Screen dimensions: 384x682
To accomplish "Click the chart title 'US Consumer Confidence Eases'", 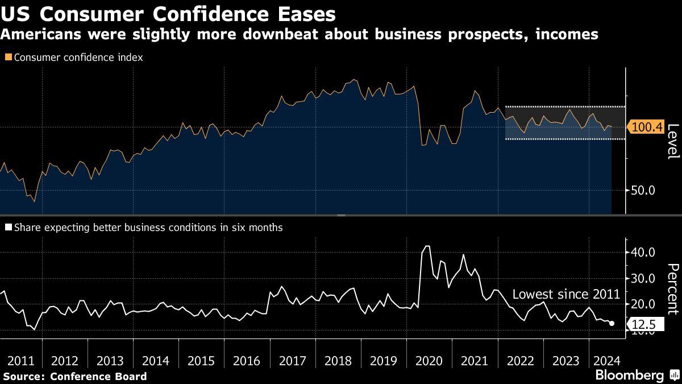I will tap(168, 14).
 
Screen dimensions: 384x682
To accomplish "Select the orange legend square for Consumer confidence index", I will tap(8, 57).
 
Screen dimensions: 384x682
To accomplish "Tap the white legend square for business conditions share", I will tap(8, 228).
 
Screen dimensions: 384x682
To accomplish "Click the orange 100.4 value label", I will tap(647, 127).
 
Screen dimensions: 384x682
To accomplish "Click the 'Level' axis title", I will tap(672, 142).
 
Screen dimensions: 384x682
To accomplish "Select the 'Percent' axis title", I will tap(672, 289).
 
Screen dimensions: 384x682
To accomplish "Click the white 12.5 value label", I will tap(644, 325).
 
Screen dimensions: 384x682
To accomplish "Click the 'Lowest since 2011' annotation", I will tap(565, 295).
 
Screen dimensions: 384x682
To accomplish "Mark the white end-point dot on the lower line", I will tap(612, 323).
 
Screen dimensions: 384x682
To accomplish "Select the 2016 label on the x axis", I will tap(247, 361).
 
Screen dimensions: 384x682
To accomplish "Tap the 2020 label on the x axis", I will tap(429, 361).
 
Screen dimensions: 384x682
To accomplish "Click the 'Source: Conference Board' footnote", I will tap(74, 376).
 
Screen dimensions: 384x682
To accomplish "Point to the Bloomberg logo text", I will tap(629, 375).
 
